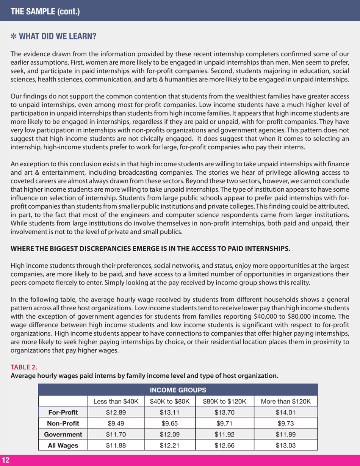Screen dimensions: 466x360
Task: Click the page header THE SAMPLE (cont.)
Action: click(45, 11)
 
